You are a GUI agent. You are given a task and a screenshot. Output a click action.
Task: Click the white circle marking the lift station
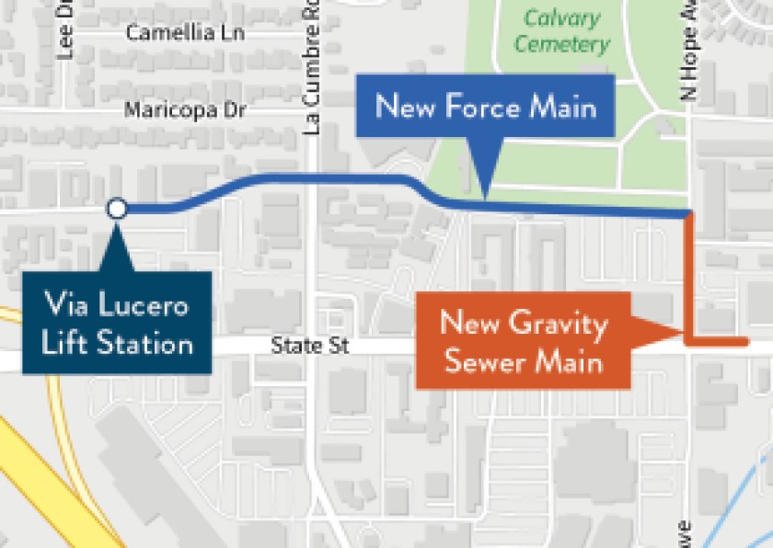click(117, 209)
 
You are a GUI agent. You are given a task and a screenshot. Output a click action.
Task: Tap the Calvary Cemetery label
click(562, 30)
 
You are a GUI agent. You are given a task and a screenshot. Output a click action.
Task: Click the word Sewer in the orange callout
click(477, 361)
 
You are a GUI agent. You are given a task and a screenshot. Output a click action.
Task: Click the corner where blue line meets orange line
click(688, 215)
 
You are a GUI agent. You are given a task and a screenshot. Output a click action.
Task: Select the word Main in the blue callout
click(560, 107)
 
